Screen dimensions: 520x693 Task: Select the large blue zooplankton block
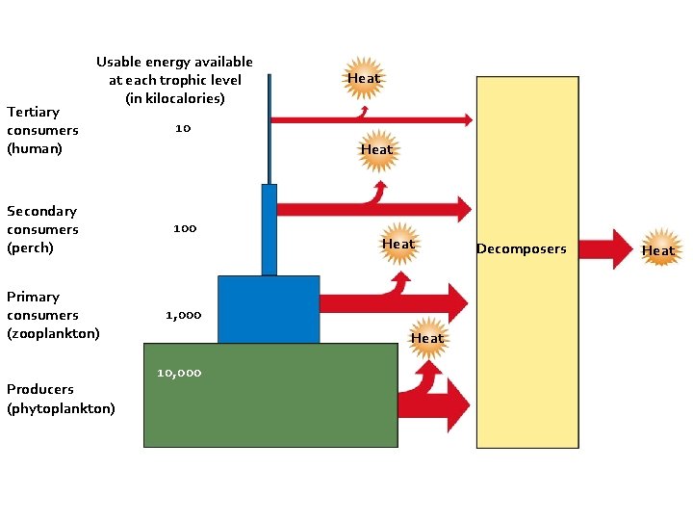pyautogui.click(x=269, y=309)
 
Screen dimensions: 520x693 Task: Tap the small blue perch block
pyautogui.click(x=269, y=229)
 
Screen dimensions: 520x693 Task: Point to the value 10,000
pyautogui.click(x=179, y=373)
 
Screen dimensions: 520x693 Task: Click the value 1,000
pyautogui.click(x=183, y=315)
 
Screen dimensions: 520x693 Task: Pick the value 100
pyautogui.click(x=185, y=228)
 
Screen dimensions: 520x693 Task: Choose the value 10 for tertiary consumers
pyautogui.click(x=183, y=128)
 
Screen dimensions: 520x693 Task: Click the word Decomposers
pyautogui.click(x=521, y=249)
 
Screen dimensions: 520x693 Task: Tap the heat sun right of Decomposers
pyautogui.click(x=658, y=250)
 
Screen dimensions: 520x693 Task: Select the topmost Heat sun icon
pyautogui.click(x=364, y=78)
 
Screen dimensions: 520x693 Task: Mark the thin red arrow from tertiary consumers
pyautogui.click(x=371, y=120)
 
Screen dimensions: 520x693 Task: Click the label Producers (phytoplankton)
pyautogui.click(x=61, y=399)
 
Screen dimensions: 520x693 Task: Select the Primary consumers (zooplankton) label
pyautogui.click(x=53, y=315)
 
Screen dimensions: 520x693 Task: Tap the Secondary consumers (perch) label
pyautogui.click(x=43, y=229)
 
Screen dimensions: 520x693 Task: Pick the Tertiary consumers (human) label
pyautogui.click(x=42, y=130)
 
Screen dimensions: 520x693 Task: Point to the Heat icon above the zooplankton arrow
pyautogui.click(x=398, y=245)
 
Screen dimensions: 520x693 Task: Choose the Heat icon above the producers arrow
pyautogui.click(x=427, y=338)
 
